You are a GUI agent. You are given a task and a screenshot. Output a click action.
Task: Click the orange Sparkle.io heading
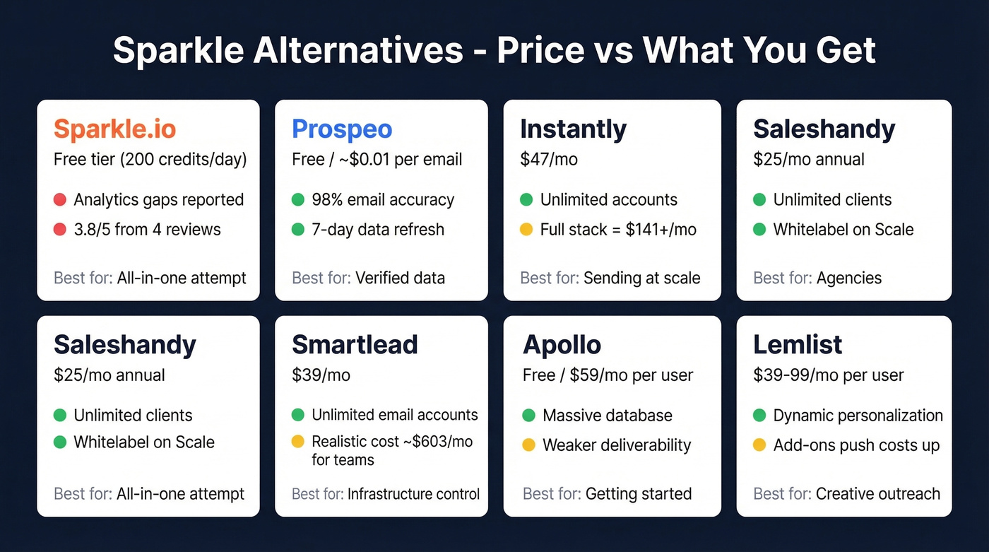point(114,129)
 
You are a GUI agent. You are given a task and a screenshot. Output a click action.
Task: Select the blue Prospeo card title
point(342,129)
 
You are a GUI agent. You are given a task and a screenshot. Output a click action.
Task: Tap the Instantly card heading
point(573,129)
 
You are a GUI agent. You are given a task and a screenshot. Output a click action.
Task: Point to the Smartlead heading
point(355,344)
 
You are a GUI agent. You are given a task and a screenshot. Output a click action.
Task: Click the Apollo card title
point(562,344)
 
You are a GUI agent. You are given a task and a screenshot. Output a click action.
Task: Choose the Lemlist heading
point(798,344)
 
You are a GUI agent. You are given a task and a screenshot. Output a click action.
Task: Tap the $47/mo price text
point(549,160)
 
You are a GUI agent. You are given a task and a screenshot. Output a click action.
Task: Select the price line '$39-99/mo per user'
point(829,375)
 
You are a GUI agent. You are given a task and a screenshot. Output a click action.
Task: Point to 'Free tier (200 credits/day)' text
point(150,160)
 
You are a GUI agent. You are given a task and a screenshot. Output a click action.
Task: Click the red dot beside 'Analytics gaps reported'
point(60,200)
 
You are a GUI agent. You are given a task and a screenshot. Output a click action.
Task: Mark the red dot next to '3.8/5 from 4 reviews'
point(60,230)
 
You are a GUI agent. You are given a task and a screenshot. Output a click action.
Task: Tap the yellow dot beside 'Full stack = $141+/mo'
point(526,230)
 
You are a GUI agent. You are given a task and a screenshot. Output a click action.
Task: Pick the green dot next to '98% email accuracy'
point(298,200)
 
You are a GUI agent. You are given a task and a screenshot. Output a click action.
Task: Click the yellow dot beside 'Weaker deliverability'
point(529,445)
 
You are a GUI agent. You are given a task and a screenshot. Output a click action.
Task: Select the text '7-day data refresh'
point(378,230)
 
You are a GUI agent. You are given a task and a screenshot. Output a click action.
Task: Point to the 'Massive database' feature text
point(607,416)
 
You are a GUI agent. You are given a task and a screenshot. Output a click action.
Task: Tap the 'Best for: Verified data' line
point(368,278)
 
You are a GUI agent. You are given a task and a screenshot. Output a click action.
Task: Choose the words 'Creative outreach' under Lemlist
point(877,493)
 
